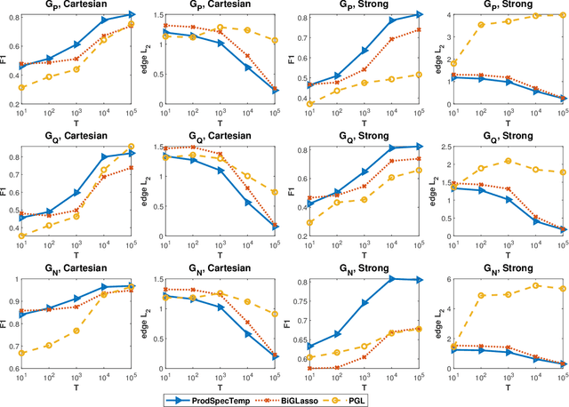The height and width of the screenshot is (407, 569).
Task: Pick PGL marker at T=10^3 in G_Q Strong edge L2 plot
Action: pyautogui.click(x=508, y=161)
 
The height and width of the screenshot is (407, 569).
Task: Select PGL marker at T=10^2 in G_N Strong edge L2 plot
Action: pyautogui.click(x=479, y=320)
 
